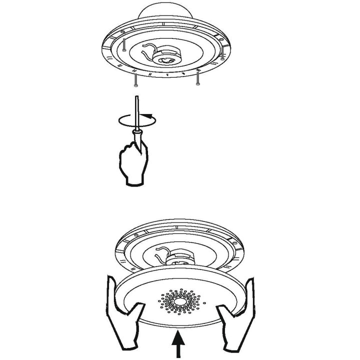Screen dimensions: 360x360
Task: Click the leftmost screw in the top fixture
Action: pos(123,45)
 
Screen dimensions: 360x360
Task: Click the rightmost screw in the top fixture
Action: pos(222,54)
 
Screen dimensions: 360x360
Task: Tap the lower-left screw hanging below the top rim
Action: pos(135,80)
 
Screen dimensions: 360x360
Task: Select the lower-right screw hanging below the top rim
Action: pos(198,78)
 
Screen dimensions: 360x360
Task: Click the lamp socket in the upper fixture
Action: pos(166,56)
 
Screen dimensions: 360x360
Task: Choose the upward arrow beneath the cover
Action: pos(178,345)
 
